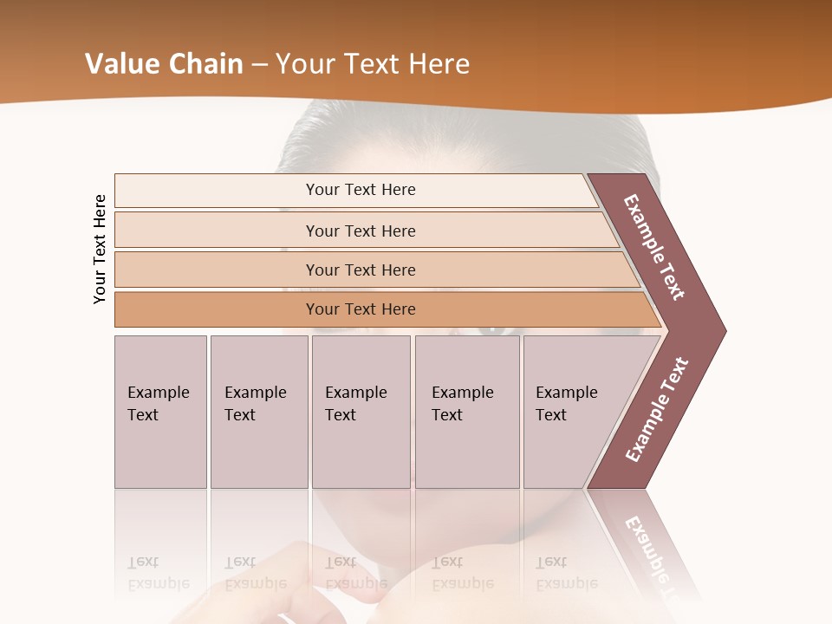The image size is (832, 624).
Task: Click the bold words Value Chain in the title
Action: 164,64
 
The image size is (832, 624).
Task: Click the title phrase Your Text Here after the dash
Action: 373,64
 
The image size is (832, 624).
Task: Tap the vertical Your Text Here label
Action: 100,249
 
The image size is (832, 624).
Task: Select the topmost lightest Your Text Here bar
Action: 361,190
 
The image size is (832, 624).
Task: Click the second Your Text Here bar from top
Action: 361,231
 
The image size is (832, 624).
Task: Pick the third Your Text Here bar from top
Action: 361,270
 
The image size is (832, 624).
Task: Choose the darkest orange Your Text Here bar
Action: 361,309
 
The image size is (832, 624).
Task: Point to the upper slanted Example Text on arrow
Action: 654,247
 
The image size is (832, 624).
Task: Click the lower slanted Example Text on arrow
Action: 657,409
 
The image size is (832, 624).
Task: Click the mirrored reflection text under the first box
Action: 158,573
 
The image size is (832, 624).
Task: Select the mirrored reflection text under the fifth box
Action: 566,573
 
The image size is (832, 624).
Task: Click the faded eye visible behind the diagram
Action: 491,328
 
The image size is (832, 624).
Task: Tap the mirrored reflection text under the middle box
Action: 355,573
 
